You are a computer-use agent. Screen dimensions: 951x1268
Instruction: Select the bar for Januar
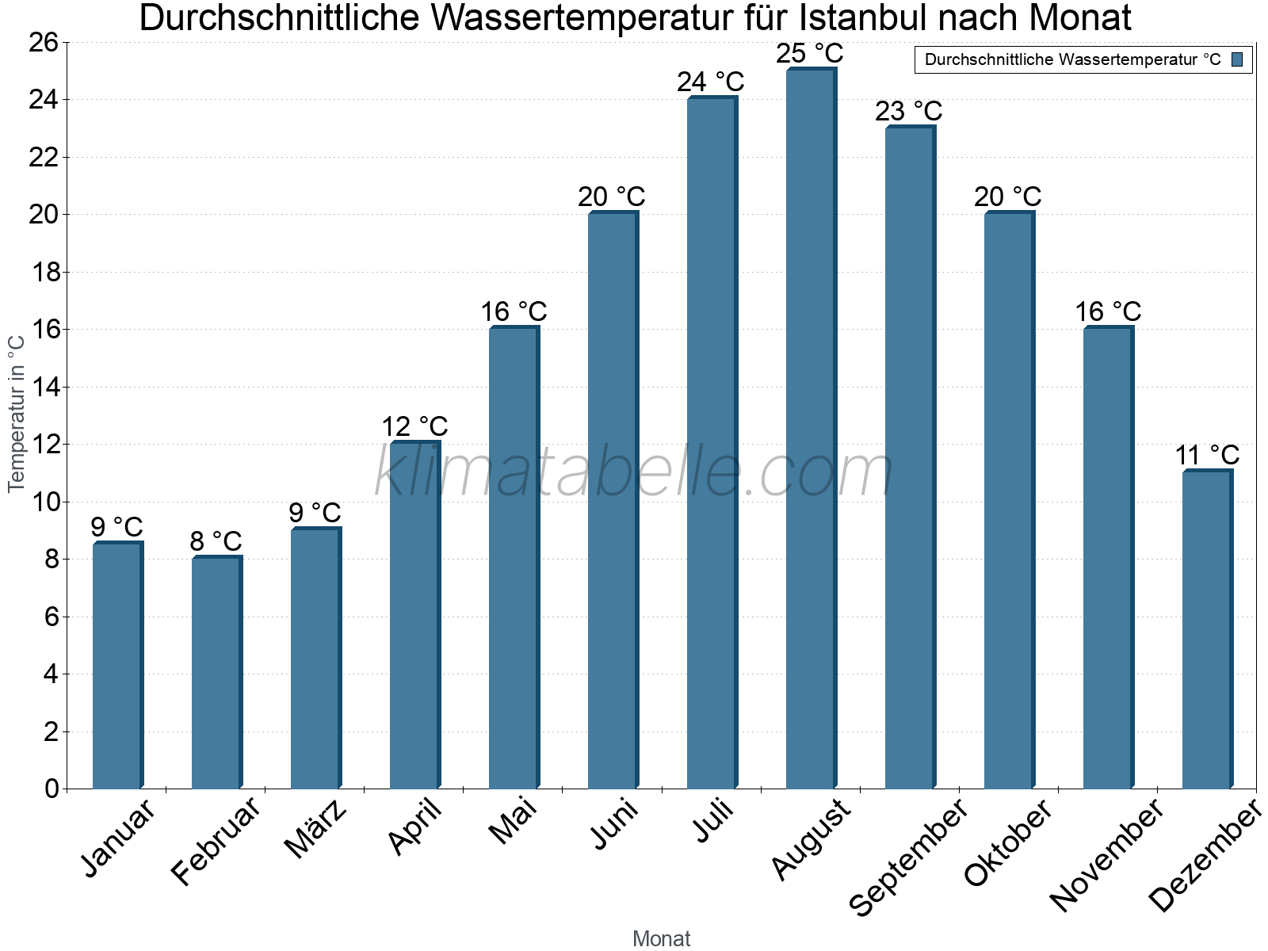(117, 666)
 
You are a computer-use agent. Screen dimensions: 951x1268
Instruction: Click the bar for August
(811, 428)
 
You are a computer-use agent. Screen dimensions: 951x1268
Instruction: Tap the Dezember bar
(1207, 630)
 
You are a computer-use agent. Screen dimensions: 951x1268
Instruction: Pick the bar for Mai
(514, 559)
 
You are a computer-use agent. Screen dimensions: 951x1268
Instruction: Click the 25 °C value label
(809, 54)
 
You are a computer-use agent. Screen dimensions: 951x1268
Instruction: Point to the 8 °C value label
(216, 541)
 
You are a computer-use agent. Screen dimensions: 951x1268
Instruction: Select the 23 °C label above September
(908, 111)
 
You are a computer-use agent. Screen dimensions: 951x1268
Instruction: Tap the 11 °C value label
(1206, 456)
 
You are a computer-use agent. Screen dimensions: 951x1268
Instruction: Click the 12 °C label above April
(414, 427)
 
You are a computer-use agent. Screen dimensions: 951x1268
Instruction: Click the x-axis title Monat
(662, 939)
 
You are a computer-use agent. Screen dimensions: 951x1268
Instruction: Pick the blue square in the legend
(1237, 59)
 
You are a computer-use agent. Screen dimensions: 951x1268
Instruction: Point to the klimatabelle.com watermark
(634, 472)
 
